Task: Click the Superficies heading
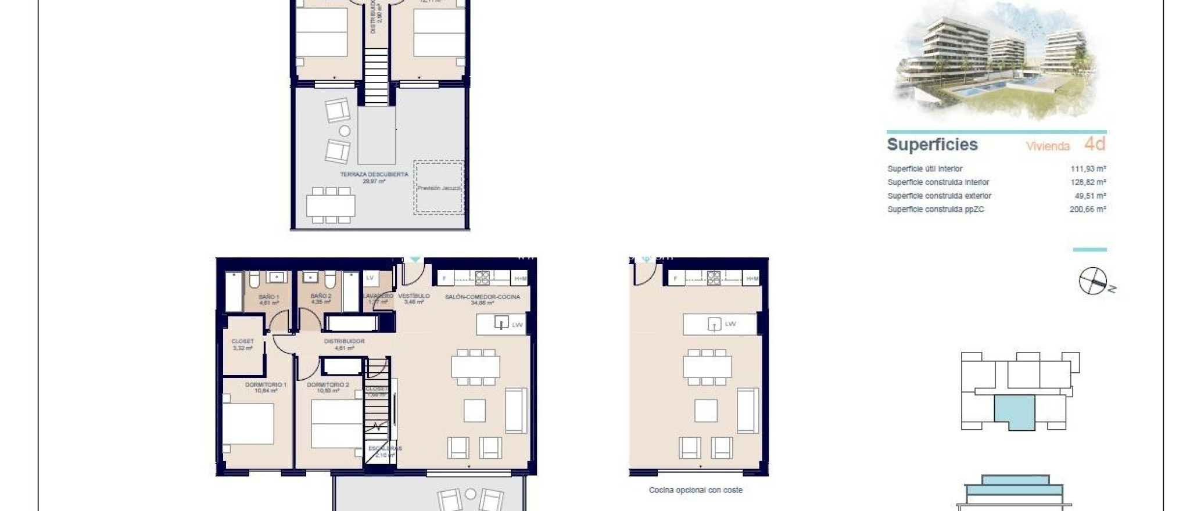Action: click(932, 145)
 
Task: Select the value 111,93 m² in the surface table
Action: click(1088, 169)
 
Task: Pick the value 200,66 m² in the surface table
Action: click(1087, 210)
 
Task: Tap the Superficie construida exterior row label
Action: click(939, 196)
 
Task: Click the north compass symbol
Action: click(1094, 282)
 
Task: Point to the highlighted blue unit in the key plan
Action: click(1015, 412)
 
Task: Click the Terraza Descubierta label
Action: click(374, 174)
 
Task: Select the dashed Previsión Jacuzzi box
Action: click(439, 187)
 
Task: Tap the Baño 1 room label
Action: click(269, 297)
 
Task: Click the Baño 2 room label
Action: click(321, 297)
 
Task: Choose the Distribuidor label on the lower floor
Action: click(344, 341)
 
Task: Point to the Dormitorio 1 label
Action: click(266, 385)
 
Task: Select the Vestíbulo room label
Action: click(414, 296)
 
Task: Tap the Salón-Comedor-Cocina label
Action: click(482, 297)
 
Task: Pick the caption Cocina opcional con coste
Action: click(696, 490)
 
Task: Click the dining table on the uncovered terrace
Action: click(331, 205)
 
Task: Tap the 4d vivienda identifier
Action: click(1095, 144)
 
